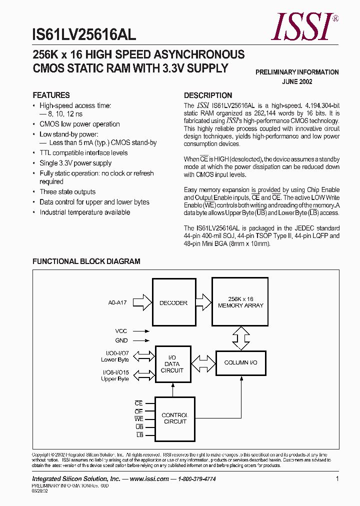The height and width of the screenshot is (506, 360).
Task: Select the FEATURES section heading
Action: pos(51,95)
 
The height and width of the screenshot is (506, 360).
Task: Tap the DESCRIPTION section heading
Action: pos(208,95)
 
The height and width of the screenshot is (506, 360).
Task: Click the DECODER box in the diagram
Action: pos(173,303)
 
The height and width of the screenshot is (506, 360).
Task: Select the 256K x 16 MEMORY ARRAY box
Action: pos(240,302)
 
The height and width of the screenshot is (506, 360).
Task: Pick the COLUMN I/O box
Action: pos(240,362)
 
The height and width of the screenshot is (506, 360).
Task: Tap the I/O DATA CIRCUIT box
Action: pos(172,364)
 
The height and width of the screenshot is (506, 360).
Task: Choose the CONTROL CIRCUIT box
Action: pos(174,418)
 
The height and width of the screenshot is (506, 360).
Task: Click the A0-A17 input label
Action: pos(117,302)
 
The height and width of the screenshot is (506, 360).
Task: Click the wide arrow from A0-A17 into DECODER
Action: pos(143,302)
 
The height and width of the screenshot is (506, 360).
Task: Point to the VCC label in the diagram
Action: pos(121,330)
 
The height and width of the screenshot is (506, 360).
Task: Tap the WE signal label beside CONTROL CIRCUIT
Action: pos(138,418)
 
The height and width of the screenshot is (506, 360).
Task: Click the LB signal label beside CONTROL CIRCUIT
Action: pos(139,435)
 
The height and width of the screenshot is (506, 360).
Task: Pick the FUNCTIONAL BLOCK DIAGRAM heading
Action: pos(86,261)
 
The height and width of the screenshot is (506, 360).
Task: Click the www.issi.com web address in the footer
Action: pos(149,478)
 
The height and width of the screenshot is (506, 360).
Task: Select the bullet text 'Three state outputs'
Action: pos(67,192)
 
